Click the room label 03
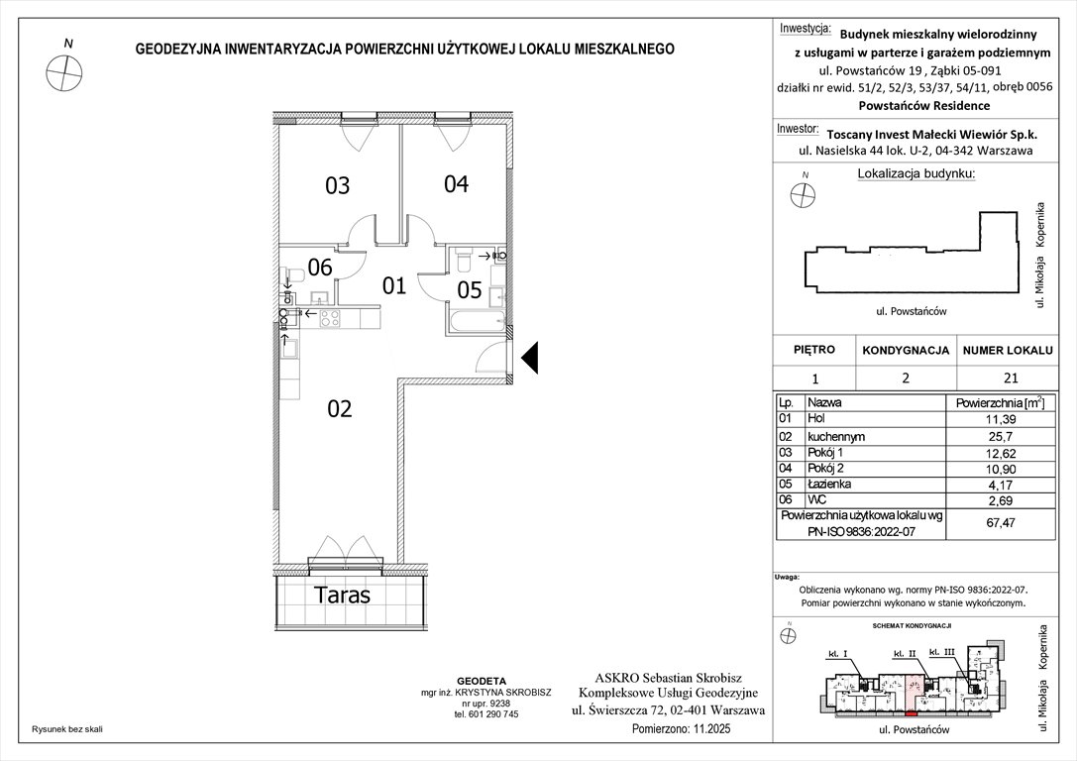click(x=338, y=185)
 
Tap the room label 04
click(x=456, y=183)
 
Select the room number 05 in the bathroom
click(x=469, y=290)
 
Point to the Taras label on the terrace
click(x=342, y=596)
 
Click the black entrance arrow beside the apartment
click(x=530, y=358)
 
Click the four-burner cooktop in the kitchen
click(x=330, y=318)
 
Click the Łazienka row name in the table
click(x=830, y=484)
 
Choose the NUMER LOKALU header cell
click(x=1006, y=350)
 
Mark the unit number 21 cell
click(x=1006, y=377)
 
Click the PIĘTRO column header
click(x=814, y=350)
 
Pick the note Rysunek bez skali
click(x=67, y=728)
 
